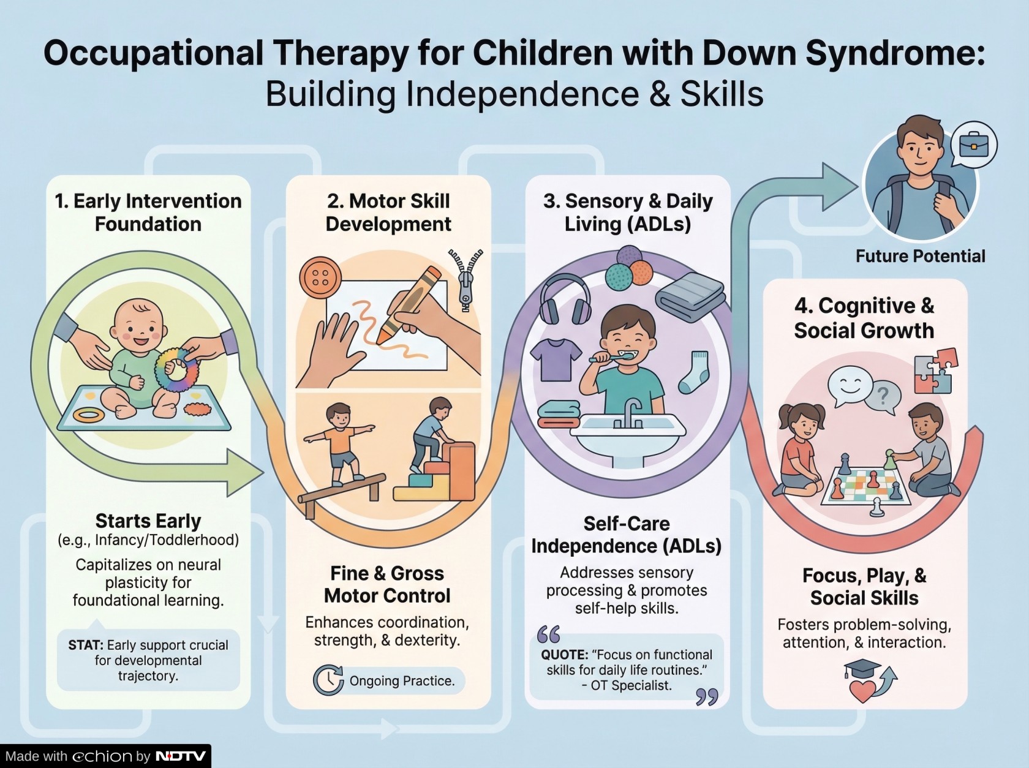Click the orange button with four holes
[320, 277]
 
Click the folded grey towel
[690, 296]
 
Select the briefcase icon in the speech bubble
[974, 145]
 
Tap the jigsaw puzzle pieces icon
[935, 370]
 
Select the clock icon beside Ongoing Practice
[328, 680]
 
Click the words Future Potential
[920, 256]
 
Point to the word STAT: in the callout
[86, 645]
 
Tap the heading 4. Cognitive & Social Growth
[864, 318]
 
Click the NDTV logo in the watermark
[181, 756]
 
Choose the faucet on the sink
[631, 411]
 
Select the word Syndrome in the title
[894, 53]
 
